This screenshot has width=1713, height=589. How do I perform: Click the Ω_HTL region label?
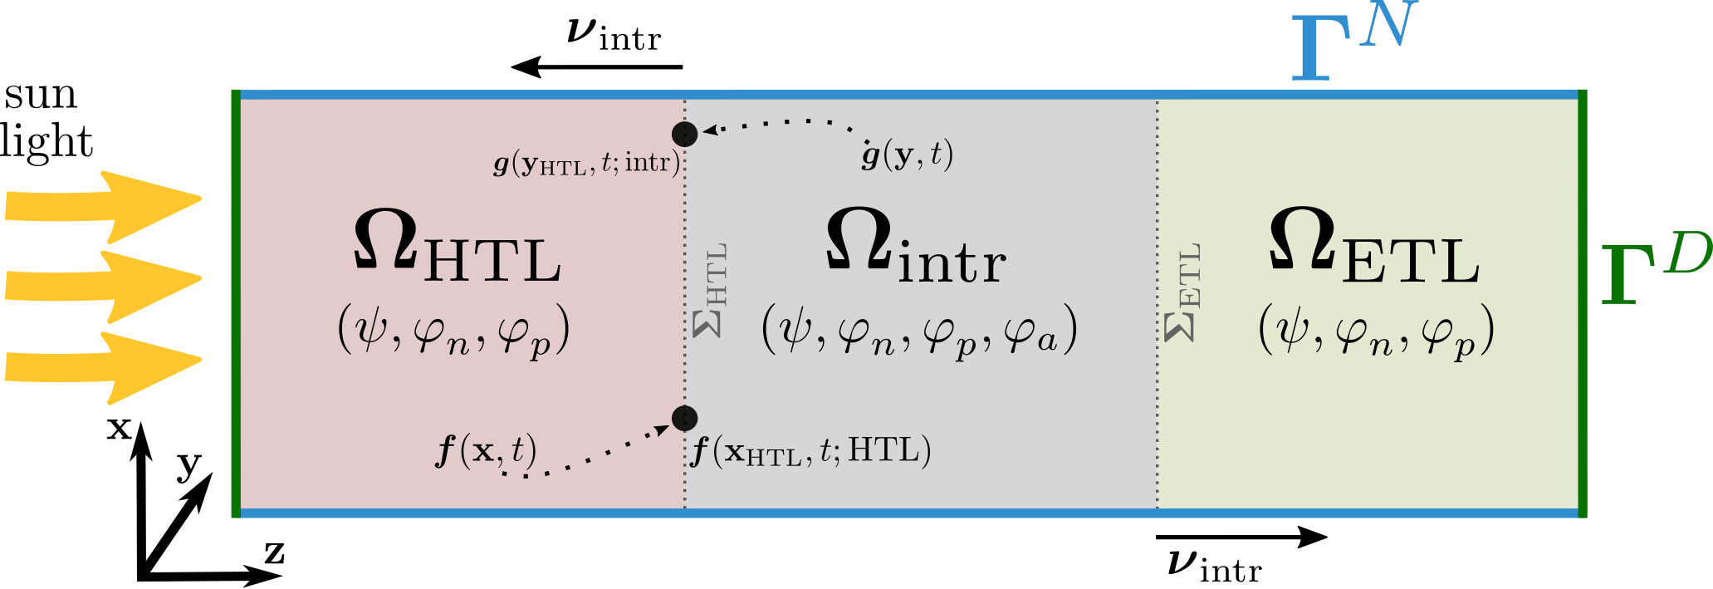point(458,246)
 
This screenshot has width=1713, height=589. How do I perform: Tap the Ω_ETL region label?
point(1374,246)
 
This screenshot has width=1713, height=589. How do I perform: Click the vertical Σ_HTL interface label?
point(711,290)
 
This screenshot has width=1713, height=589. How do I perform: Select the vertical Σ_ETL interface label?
point(1183,292)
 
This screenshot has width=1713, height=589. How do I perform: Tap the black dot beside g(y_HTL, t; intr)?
point(684,134)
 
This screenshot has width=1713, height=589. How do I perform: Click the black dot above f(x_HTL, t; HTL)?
point(684,418)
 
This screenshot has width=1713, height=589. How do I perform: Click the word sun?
point(41,96)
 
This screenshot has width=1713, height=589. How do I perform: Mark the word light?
point(46,141)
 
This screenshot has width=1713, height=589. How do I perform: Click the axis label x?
point(120,428)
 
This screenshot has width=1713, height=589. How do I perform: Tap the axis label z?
point(274,552)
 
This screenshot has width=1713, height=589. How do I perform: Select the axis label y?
point(189,466)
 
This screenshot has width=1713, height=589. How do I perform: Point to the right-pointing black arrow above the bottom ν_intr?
point(1241,537)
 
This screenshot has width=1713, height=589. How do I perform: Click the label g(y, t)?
point(907,155)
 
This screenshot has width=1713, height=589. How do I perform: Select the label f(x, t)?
point(486,451)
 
